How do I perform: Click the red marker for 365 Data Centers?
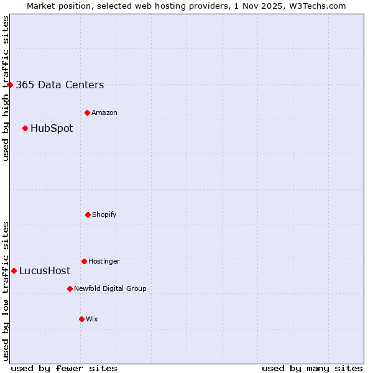(11, 85)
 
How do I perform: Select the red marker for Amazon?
(87, 113)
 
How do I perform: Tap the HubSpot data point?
(25, 128)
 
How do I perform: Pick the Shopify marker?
(88, 214)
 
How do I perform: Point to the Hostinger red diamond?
(84, 261)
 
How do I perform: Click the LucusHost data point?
(14, 270)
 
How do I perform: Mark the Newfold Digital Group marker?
(70, 288)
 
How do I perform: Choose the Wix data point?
(81, 319)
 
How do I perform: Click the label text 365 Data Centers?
(60, 85)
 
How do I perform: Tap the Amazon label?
(104, 113)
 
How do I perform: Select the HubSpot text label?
(52, 129)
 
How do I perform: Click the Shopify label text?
(104, 215)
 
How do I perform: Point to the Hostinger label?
(104, 262)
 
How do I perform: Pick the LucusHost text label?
(45, 271)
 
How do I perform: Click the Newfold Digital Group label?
(110, 289)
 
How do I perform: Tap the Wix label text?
(92, 320)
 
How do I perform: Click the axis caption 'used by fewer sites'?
(64, 369)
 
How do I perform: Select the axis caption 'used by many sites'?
(312, 369)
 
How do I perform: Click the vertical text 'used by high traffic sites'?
(6, 88)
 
